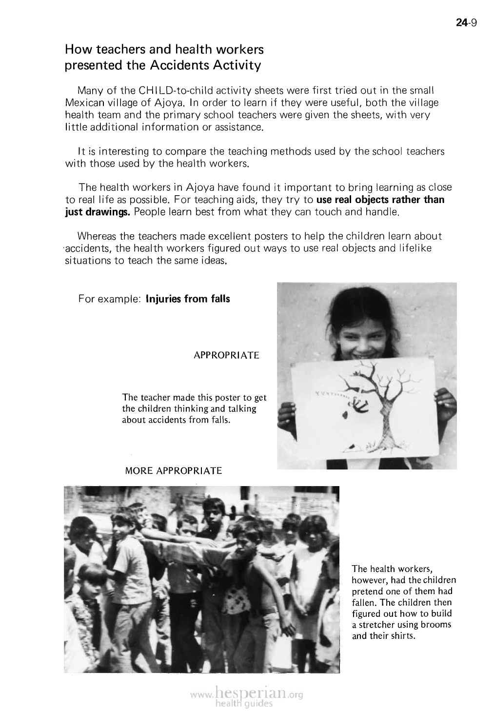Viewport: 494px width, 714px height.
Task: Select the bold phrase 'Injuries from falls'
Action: (188, 299)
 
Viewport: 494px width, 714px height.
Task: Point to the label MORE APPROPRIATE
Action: (174, 471)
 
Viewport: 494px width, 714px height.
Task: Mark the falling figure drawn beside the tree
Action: (359, 404)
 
